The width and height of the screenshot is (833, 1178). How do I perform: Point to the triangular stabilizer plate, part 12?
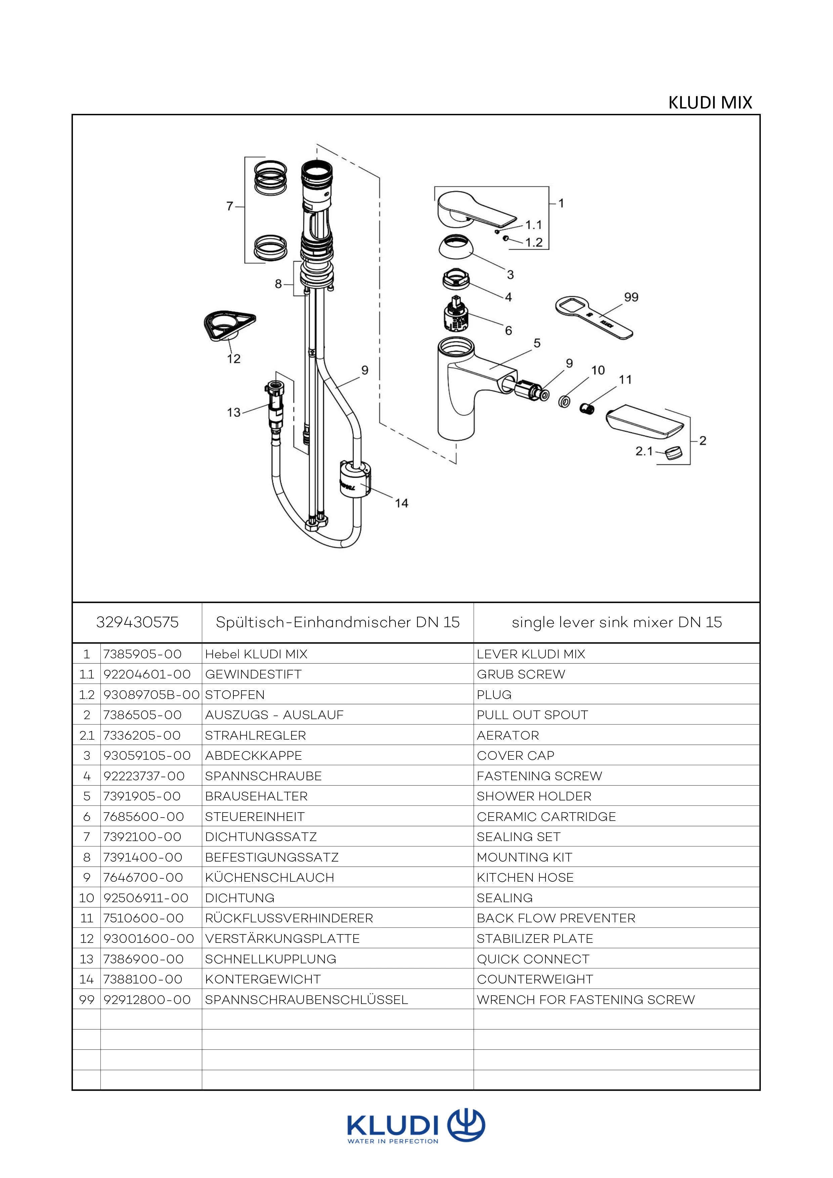tap(226, 325)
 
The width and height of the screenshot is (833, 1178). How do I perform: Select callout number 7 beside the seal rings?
tap(229, 206)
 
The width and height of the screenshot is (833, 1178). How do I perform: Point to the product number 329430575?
tap(137, 622)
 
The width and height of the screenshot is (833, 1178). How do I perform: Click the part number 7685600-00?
tap(143, 816)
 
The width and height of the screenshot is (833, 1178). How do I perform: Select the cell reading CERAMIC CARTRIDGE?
tap(546, 816)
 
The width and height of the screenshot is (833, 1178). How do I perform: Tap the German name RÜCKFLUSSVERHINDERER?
tap(289, 918)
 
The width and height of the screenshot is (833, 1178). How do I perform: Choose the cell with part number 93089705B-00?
tap(151, 695)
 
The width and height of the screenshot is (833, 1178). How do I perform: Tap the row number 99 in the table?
tap(86, 999)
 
